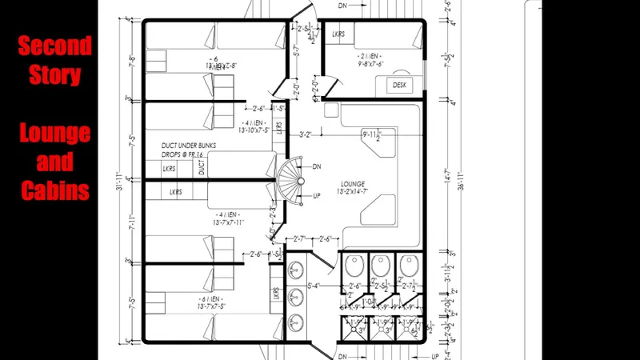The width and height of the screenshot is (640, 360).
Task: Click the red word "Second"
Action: tap(54, 46)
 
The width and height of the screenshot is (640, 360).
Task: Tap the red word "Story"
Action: tap(54, 75)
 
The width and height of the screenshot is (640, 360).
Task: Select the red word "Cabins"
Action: tap(54, 191)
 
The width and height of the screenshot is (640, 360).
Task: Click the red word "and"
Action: tap(54, 162)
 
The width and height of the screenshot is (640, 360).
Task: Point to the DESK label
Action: tap(399, 85)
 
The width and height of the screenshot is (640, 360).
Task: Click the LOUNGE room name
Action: tap(352, 182)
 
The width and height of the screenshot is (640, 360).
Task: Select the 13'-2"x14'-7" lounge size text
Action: tap(352, 192)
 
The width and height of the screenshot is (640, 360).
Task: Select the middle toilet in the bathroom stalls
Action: tap(382, 266)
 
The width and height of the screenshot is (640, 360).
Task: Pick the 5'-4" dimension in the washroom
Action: tap(314, 285)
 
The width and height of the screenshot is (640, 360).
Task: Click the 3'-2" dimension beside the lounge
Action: tap(305, 134)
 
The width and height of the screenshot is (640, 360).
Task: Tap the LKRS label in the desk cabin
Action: tap(339, 34)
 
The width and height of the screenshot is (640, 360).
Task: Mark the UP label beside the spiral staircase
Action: tap(317, 196)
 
